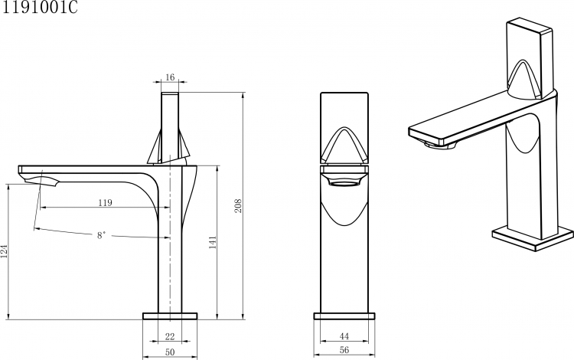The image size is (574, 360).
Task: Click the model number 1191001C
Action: [x=40, y=7]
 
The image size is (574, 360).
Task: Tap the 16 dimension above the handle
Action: [x=170, y=77]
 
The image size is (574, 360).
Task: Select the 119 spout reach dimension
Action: [x=106, y=202]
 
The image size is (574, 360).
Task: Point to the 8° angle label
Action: [x=101, y=235]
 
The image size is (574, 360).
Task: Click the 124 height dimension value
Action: [x=4, y=251]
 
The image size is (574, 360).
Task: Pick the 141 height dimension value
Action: [x=213, y=243]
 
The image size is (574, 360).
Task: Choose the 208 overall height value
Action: [x=238, y=206]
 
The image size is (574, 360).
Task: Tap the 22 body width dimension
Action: [x=170, y=335]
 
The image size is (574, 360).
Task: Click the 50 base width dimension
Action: [x=170, y=352]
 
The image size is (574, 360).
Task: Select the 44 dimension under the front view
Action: [x=344, y=335]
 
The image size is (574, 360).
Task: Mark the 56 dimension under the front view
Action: [x=344, y=350]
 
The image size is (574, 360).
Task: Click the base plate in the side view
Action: [x=170, y=316]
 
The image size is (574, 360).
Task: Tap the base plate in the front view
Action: [x=344, y=316]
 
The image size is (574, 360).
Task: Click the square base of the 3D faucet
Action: [x=533, y=239]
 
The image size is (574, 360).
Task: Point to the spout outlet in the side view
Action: [x=41, y=181]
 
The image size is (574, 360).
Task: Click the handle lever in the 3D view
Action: [x=530, y=59]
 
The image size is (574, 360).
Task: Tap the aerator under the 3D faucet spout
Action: [x=439, y=145]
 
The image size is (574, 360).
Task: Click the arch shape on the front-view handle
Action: [x=344, y=142]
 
